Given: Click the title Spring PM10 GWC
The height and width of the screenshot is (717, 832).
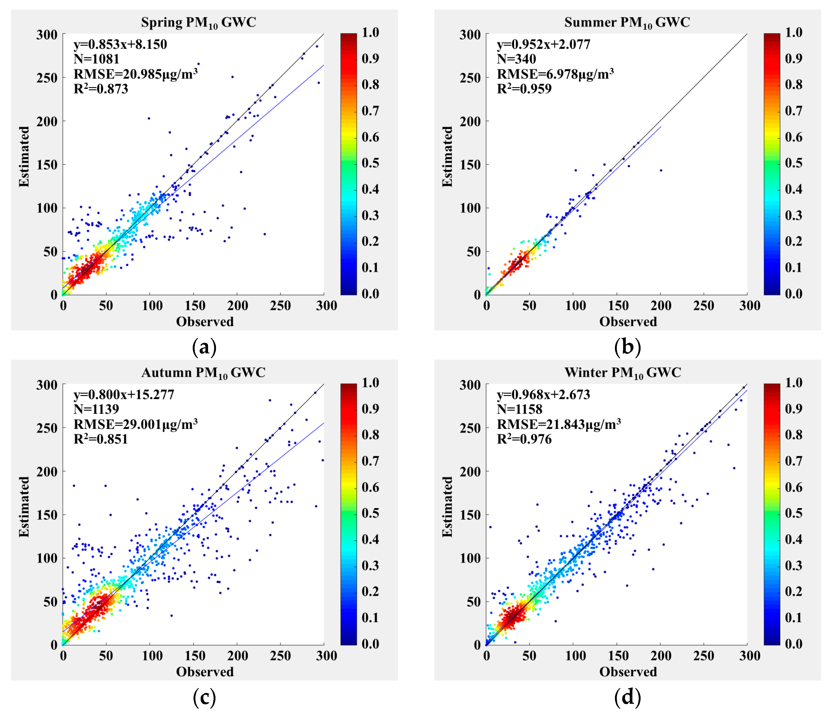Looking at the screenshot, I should pyautogui.click(x=198, y=22).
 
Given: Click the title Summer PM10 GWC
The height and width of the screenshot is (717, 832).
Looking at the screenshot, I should pyautogui.click(x=627, y=22).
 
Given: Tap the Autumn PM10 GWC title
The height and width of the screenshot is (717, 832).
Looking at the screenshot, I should pyautogui.click(x=203, y=373).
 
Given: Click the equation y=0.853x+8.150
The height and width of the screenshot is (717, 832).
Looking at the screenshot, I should pyautogui.click(x=120, y=44).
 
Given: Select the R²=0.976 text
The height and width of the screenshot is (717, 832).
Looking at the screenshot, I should pyautogui.click(x=524, y=439).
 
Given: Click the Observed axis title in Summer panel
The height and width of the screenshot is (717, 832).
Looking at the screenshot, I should pyautogui.click(x=628, y=322).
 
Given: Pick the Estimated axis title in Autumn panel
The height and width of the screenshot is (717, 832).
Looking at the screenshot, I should pyautogui.click(x=24, y=507).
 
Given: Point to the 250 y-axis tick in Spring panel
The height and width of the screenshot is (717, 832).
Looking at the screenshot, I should pyautogui.click(x=47, y=78).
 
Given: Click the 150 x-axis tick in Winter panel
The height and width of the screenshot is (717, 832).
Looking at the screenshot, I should pyautogui.click(x=618, y=656).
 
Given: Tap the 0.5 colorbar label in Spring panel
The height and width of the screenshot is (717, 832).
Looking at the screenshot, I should pyautogui.click(x=370, y=163).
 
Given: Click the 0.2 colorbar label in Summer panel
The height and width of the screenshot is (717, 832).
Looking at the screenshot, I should pyautogui.click(x=793, y=241).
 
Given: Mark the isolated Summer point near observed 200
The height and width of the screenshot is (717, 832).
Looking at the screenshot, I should pyautogui.click(x=661, y=170).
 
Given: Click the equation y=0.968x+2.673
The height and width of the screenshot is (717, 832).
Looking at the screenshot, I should pyautogui.click(x=543, y=395).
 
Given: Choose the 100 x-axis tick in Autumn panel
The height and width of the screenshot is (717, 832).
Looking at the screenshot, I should pyautogui.click(x=152, y=656).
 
